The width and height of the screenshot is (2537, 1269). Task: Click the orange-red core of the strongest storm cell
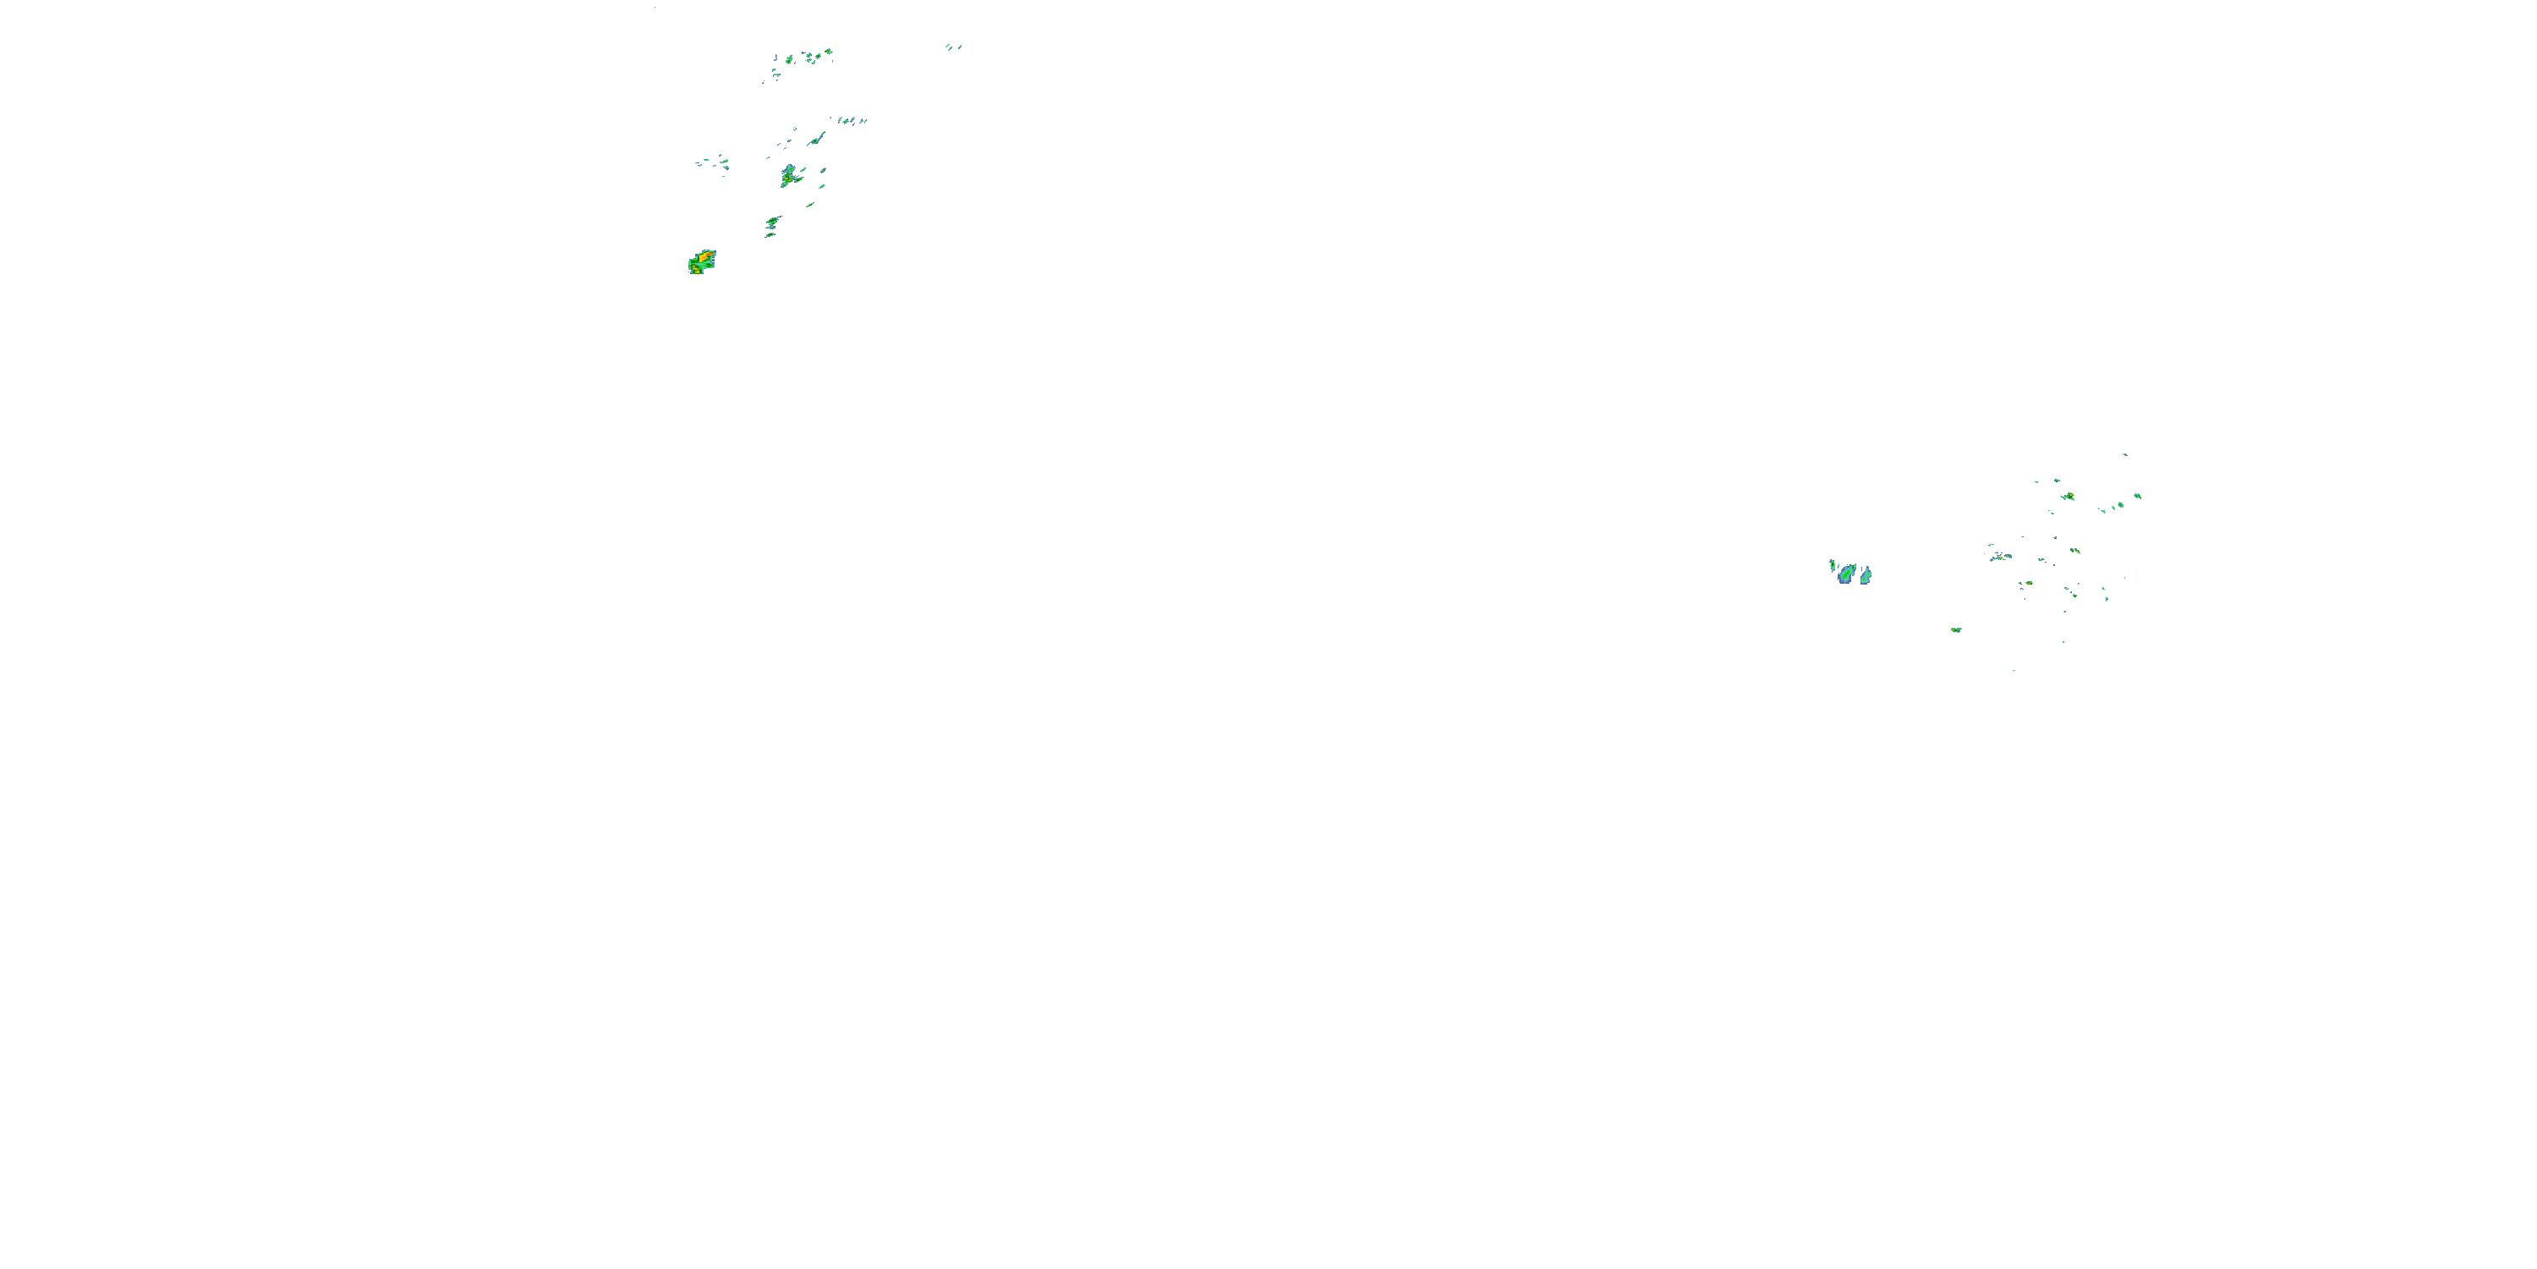pyautogui.click(x=706, y=256)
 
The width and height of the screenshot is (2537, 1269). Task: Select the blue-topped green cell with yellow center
pyautogui.click(x=789, y=176)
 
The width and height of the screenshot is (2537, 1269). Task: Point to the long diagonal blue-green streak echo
pyautogui.click(x=816, y=140)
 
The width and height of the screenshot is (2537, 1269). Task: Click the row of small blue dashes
pyautogui.click(x=851, y=121)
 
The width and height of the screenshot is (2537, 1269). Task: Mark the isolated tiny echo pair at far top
pyautogui.click(x=952, y=47)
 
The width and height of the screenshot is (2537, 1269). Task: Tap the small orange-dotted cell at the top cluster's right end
pyautogui.click(x=828, y=52)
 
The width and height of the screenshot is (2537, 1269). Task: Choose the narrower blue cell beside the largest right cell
pyautogui.click(x=1866, y=575)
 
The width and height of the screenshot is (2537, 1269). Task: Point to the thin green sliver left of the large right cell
pyautogui.click(x=1832, y=567)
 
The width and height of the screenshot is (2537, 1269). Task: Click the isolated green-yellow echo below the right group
pyautogui.click(x=1956, y=629)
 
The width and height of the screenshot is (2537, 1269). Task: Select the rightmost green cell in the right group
pyautogui.click(x=2136, y=497)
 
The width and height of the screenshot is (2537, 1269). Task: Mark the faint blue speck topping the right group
pyautogui.click(x=2124, y=454)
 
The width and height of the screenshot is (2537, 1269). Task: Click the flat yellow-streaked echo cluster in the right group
pyautogui.click(x=2000, y=557)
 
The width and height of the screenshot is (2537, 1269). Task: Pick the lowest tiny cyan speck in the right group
pyautogui.click(x=2013, y=670)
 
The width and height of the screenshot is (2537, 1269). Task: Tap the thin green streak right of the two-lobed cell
pyautogui.click(x=809, y=205)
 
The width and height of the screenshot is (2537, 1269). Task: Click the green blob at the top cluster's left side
pyautogui.click(x=789, y=60)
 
